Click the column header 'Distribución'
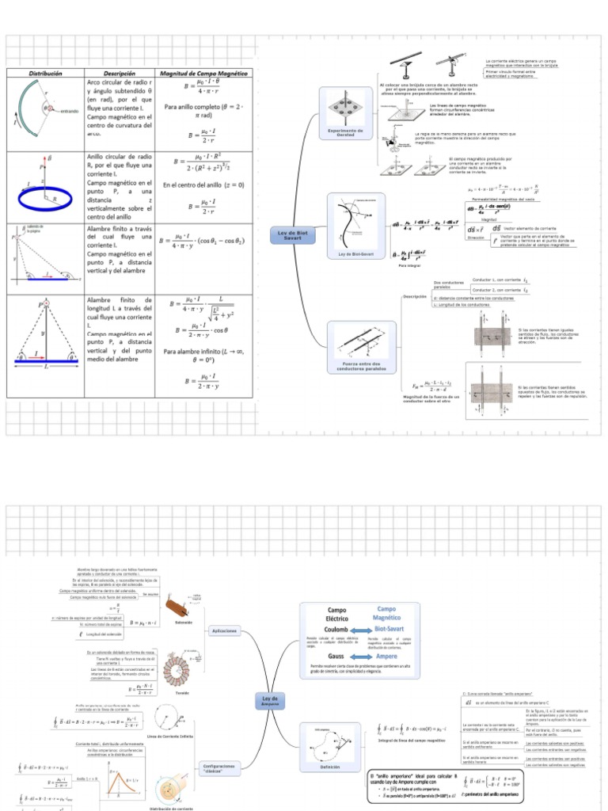(x=45, y=73)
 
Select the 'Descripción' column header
(x=120, y=73)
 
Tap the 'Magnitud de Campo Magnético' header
(x=203, y=73)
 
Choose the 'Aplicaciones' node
(x=224, y=630)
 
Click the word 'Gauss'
(x=337, y=657)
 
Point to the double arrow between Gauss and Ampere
(x=363, y=657)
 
